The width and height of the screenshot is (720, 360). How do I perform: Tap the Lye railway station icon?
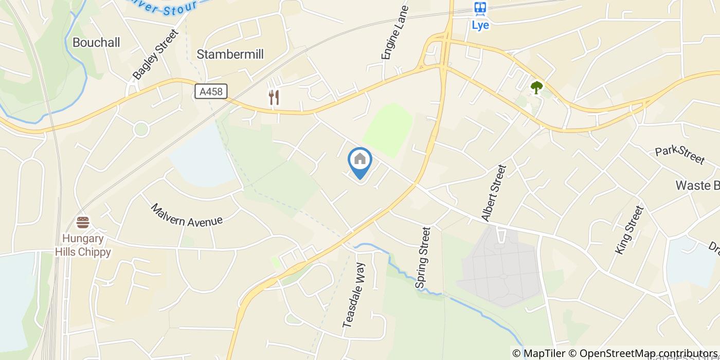tap(480, 8)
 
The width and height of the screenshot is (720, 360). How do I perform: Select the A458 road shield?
tap(211, 92)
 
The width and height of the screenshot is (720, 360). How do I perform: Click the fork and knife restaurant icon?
tap(274, 97)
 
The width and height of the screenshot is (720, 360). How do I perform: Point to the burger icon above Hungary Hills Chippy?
tap(83, 223)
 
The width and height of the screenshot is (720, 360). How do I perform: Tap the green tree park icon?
tap(536, 87)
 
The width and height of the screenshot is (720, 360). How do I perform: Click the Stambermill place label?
tap(230, 54)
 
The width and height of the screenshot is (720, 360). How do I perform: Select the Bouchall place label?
tap(96, 42)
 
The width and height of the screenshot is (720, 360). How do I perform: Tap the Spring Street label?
tap(423, 258)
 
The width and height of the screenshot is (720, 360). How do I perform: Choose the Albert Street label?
tap(494, 193)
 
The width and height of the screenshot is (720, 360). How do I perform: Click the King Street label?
tap(629, 229)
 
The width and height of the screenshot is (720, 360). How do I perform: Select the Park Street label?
tap(679, 155)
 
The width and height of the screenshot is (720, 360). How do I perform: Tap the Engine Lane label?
tap(394, 32)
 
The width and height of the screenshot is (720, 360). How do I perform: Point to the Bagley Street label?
tap(155, 55)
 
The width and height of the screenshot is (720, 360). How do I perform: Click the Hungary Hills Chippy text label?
tap(86, 245)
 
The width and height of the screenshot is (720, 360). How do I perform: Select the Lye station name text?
tap(480, 25)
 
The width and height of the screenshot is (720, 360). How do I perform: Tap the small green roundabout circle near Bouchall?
tap(141, 129)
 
